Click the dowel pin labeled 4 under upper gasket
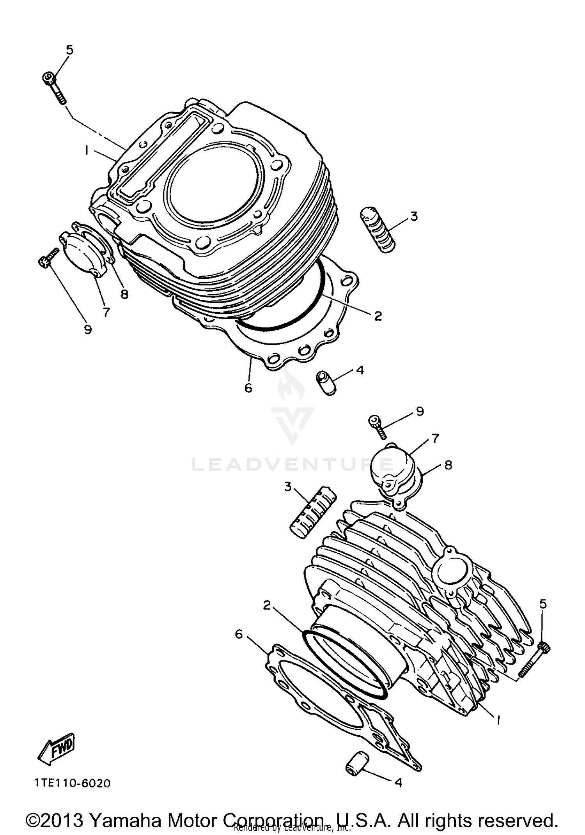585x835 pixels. (x=325, y=383)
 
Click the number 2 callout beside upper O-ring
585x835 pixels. (x=378, y=316)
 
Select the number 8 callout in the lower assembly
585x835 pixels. (x=448, y=465)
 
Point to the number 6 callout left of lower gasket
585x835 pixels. (x=239, y=634)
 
